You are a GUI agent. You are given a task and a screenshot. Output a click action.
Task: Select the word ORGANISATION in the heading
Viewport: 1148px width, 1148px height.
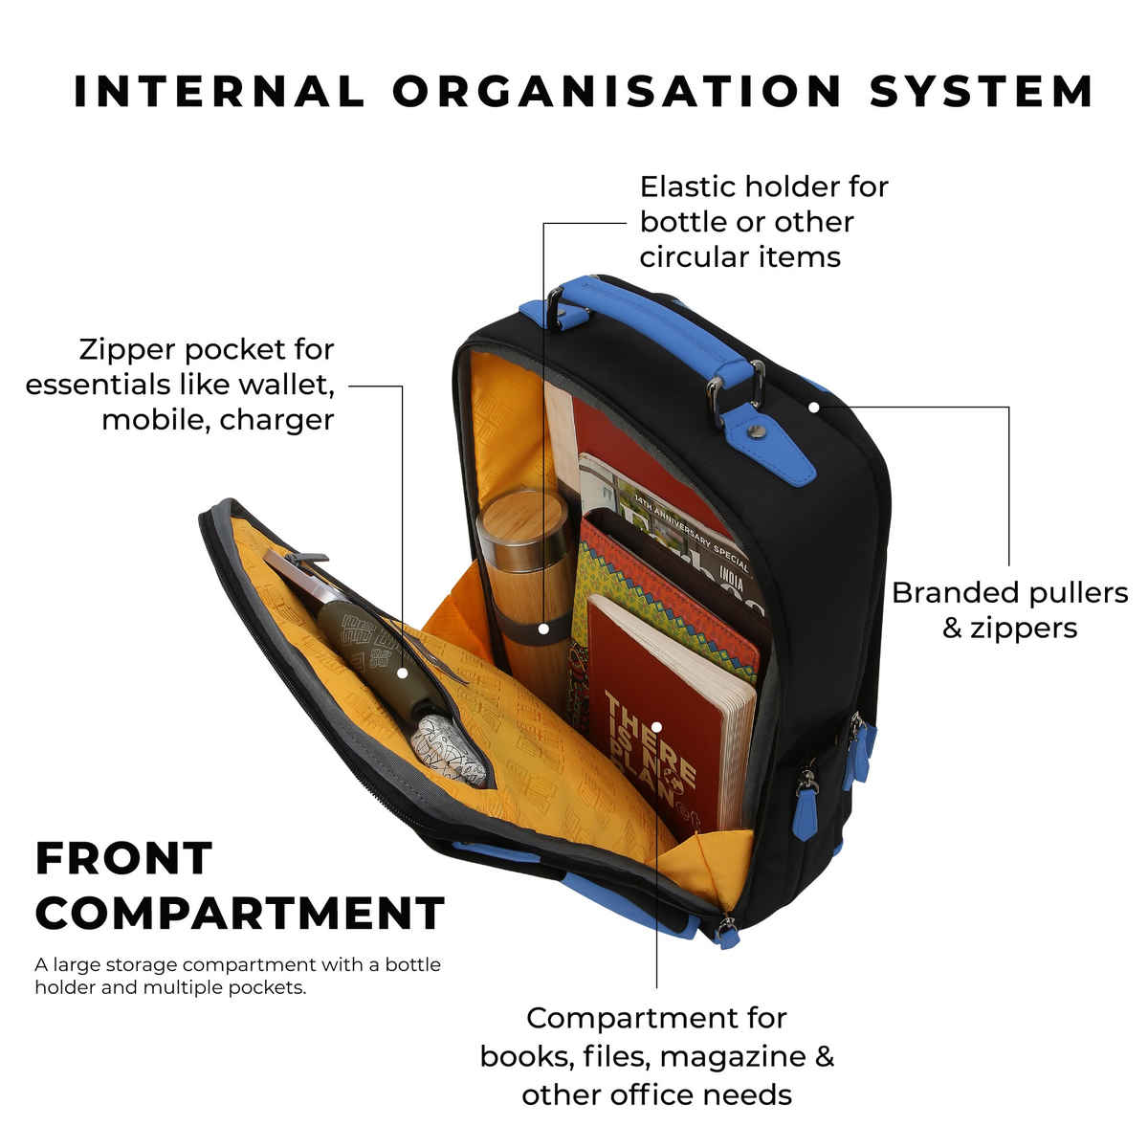click(617, 91)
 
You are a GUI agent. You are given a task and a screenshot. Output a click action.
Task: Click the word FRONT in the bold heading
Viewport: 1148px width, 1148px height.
click(123, 858)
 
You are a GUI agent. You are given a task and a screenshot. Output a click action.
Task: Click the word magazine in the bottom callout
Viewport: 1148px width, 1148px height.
click(733, 1057)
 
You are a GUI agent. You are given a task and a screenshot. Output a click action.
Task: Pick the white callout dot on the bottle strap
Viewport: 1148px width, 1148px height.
click(543, 629)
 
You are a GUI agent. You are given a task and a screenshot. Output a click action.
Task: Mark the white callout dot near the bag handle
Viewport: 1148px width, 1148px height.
click(813, 407)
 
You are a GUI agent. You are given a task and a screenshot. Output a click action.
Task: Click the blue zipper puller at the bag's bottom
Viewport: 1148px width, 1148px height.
click(729, 935)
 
